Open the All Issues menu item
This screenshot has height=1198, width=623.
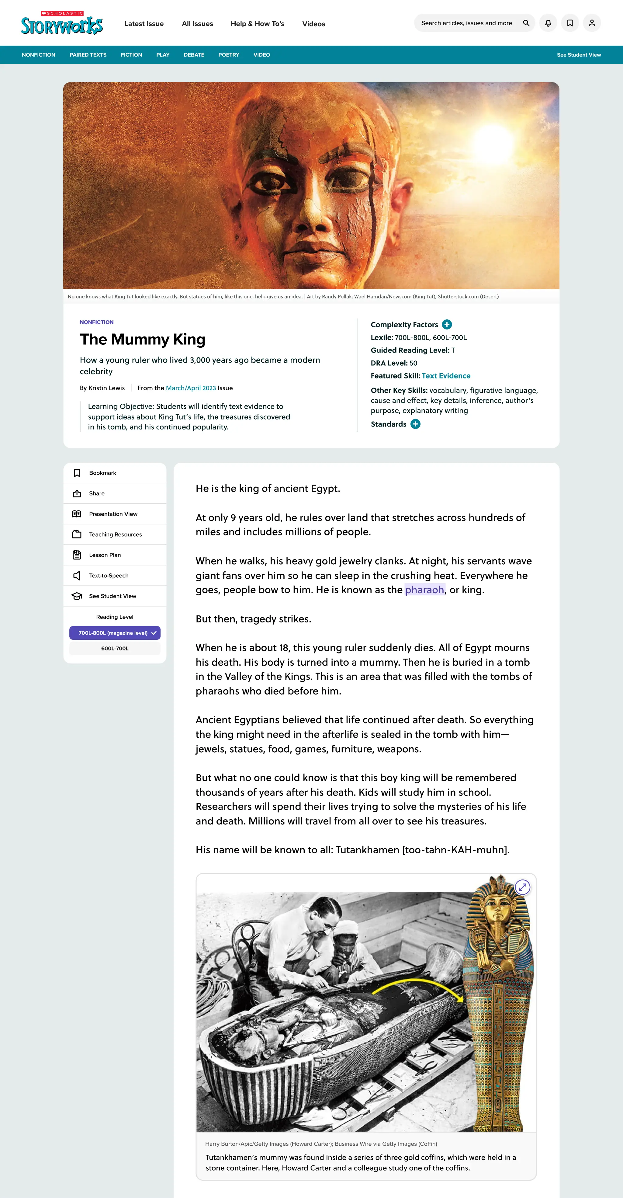[197, 24]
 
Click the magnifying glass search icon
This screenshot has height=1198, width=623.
[526, 23]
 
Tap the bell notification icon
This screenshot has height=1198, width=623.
[548, 23]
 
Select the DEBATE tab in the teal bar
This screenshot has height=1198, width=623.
[194, 55]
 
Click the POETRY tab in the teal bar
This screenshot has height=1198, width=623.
[229, 55]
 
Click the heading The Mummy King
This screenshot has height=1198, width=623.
[142, 340]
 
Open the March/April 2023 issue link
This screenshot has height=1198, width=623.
[191, 388]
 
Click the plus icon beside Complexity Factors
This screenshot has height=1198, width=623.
[447, 325]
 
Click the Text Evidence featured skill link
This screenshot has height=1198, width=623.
[446, 376]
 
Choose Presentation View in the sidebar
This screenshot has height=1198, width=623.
[113, 514]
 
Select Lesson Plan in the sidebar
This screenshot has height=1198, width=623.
[105, 555]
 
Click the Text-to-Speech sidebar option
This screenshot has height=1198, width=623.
[108, 575]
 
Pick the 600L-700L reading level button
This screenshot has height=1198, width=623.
[115, 648]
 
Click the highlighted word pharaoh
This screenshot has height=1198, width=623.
[424, 590]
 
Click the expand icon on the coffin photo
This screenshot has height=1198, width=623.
[523, 887]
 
